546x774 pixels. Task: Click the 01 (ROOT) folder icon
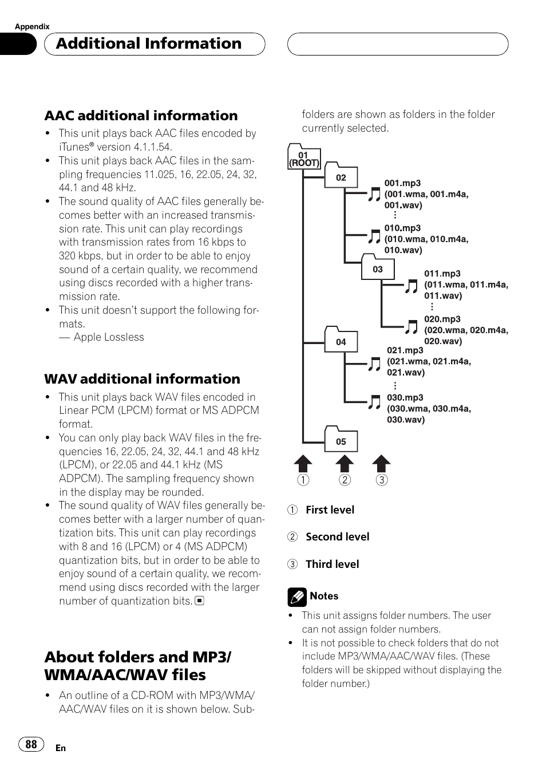click(x=303, y=157)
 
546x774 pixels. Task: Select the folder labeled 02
click(x=341, y=176)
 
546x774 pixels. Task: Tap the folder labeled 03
click(x=378, y=268)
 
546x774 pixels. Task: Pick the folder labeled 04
click(x=341, y=341)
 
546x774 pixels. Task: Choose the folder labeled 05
click(x=341, y=440)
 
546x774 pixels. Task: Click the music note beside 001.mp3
click(x=374, y=195)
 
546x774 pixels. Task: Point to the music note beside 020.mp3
click(x=411, y=327)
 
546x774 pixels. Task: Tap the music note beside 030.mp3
click(x=374, y=402)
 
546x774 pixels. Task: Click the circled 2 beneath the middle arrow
click(x=345, y=480)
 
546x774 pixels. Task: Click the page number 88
click(x=31, y=744)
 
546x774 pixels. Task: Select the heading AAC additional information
click(x=141, y=116)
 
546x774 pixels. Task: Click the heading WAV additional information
click(x=142, y=379)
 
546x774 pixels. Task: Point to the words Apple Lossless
click(x=109, y=337)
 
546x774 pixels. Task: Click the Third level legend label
click(x=332, y=564)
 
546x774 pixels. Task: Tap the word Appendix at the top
click(x=32, y=26)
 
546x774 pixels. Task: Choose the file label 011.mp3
click(x=442, y=274)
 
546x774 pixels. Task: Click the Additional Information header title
click(x=149, y=44)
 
